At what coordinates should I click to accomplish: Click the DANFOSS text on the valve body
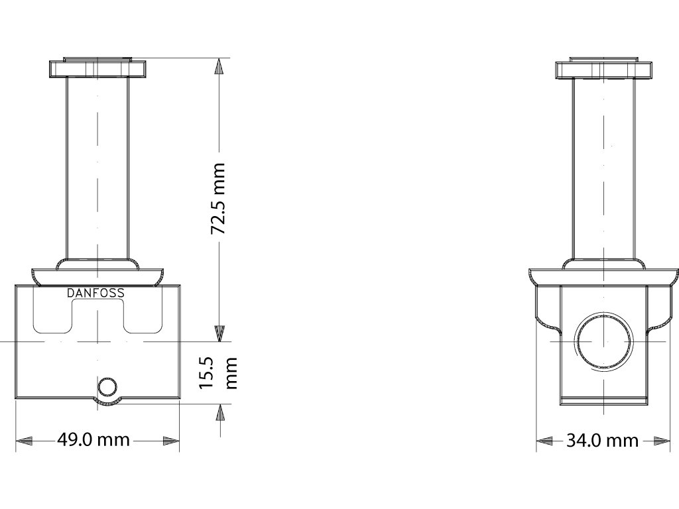(95, 293)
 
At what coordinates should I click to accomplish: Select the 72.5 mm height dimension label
(217, 199)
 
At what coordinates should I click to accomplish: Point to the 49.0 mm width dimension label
(93, 440)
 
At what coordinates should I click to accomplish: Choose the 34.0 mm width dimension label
(602, 441)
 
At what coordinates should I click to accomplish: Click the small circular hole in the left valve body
(107, 386)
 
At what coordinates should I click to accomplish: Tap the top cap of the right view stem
(603, 68)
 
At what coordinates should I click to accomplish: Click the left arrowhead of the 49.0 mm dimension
(25, 441)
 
